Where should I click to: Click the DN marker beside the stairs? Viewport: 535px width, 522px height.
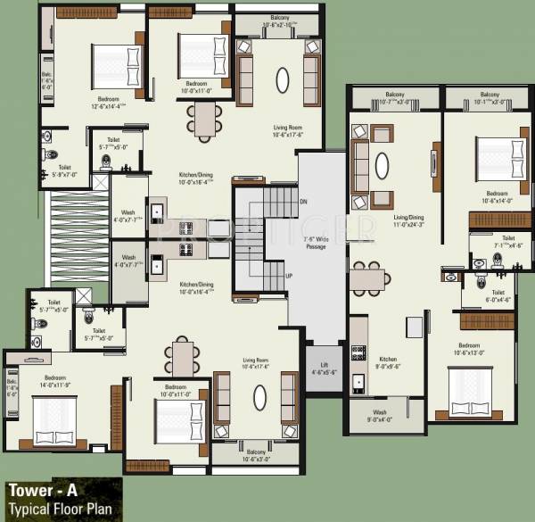(x=304, y=201)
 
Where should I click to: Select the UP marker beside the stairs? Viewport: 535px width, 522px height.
(x=289, y=277)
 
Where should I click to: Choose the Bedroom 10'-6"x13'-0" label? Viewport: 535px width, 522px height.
(x=470, y=348)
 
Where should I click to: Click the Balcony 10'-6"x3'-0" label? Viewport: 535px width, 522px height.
(x=257, y=455)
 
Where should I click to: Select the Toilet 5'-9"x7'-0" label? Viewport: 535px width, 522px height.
(x=65, y=170)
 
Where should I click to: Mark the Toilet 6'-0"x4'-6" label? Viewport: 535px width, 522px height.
(x=498, y=295)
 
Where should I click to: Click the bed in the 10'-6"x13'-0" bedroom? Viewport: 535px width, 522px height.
(x=471, y=388)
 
